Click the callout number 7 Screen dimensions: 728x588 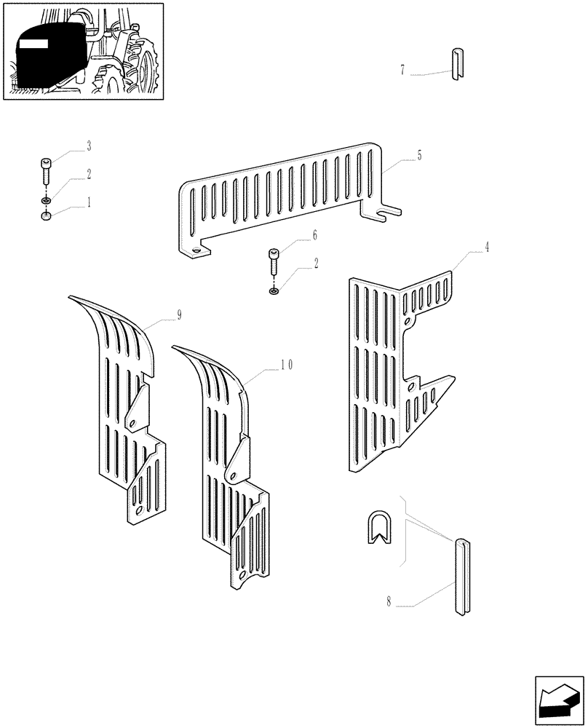tap(402, 71)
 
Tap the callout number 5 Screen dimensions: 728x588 tap(420, 155)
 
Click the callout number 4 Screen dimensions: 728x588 tap(487, 248)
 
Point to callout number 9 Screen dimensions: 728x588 tap(178, 314)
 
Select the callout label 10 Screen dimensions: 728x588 tap(286, 365)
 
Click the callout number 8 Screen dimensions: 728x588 tap(389, 602)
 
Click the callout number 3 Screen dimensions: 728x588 tap(89, 147)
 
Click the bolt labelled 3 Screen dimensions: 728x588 tap(46, 173)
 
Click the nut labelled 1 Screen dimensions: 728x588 tap(46, 215)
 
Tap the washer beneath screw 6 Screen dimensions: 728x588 tap(274, 291)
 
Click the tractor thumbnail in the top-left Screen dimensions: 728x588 tap(82, 51)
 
